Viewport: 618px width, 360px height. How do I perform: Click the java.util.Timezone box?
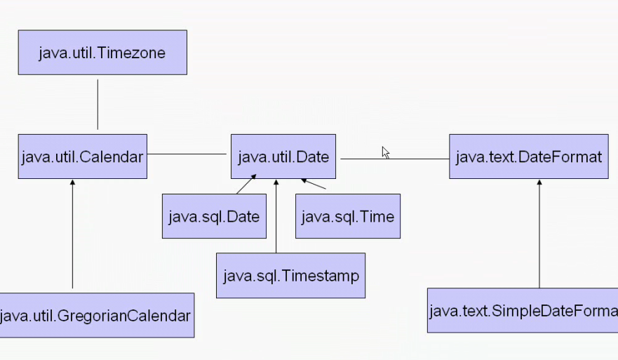pos(102,53)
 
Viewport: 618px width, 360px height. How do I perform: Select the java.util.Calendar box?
pos(82,156)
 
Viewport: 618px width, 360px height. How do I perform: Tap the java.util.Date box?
pos(283,156)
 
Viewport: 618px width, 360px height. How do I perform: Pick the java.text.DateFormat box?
pos(528,156)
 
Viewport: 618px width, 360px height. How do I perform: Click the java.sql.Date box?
pos(214,216)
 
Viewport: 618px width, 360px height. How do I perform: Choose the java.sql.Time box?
pos(348,216)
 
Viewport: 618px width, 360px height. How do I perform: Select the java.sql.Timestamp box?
pos(290,275)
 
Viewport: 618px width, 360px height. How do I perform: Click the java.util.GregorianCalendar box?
pos(96,315)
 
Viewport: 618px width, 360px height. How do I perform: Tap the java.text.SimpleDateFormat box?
pos(523,309)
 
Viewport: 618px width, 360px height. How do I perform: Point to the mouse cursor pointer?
pos(385,152)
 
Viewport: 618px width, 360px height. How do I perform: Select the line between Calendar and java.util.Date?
pos(187,154)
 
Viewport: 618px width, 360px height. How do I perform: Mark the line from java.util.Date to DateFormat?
pos(393,159)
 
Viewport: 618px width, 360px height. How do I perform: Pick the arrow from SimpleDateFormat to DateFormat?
pos(539,235)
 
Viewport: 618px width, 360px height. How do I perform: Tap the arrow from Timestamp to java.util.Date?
pos(276,218)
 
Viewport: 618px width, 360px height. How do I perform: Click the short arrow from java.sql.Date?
pos(245,185)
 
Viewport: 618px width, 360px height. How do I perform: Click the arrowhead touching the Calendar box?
pos(72,182)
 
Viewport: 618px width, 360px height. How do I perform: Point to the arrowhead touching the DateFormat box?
pos(539,182)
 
